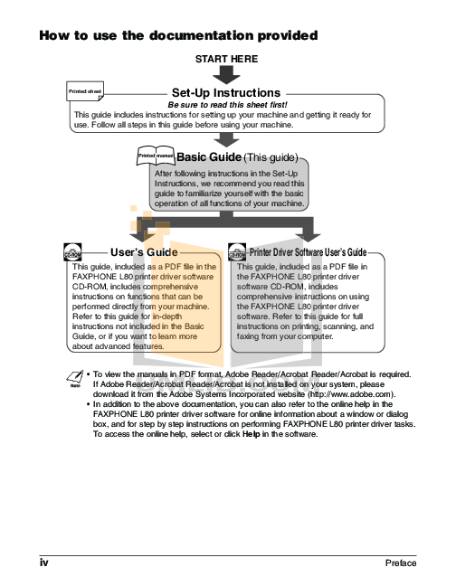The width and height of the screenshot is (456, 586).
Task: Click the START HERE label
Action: [227, 58]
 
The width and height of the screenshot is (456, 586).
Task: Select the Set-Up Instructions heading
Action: [225, 92]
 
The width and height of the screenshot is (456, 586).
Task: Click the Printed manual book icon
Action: [155, 156]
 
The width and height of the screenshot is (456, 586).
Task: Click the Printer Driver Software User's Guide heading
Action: [308, 251]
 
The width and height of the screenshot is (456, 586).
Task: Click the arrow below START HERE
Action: [227, 72]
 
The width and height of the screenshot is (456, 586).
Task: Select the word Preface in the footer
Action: [400, 562]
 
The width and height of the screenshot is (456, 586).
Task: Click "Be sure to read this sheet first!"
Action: [225, 105]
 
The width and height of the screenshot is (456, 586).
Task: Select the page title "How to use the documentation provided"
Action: [177, 36]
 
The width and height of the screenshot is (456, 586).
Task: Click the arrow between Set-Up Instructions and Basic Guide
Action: [226, 138]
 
